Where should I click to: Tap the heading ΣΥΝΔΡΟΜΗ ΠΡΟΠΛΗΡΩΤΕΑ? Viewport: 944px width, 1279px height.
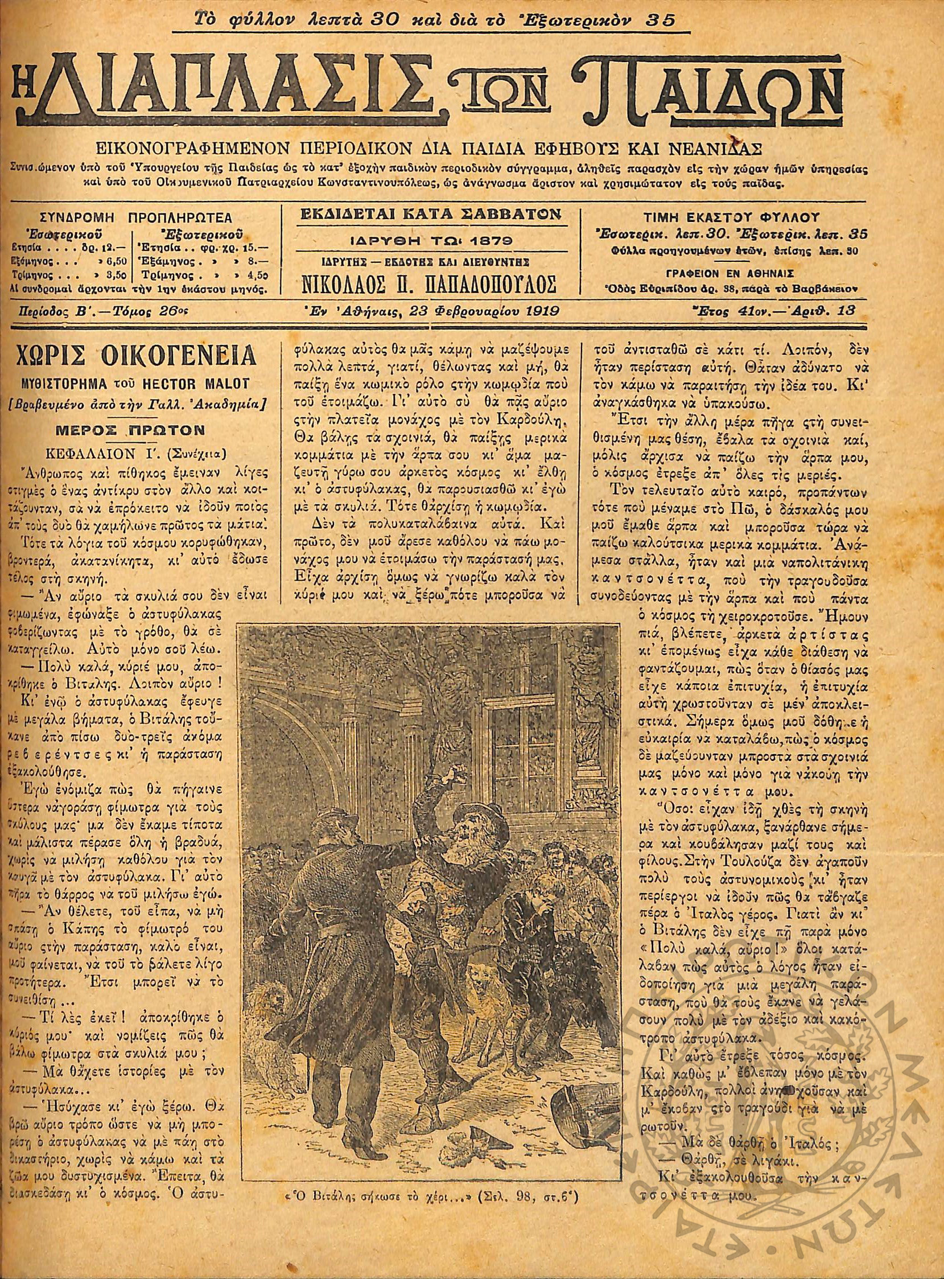137,218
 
